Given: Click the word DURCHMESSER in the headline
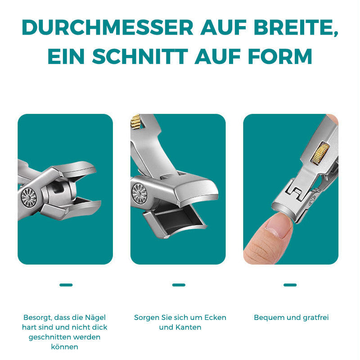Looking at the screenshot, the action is tap(108, 27).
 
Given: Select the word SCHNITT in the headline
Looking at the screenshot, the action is tap(140, 56).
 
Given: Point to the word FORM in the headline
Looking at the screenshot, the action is tap(280, 56).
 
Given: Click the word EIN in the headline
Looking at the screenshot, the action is tap(66, 56).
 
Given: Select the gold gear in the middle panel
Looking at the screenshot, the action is tap(136, 121).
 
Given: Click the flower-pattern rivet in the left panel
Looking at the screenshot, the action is tap(29, 198).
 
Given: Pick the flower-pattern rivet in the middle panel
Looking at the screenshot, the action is tap(139, 193).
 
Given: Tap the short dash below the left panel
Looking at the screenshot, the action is tap(66, 285).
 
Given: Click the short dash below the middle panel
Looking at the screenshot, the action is tap(179, 285).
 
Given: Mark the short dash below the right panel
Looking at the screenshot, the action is tap(290, 285).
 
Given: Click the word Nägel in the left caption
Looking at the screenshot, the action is tap(95, 318).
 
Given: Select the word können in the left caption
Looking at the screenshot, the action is tap(64, 346).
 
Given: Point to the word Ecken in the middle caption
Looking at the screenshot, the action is tap(215, 318).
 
